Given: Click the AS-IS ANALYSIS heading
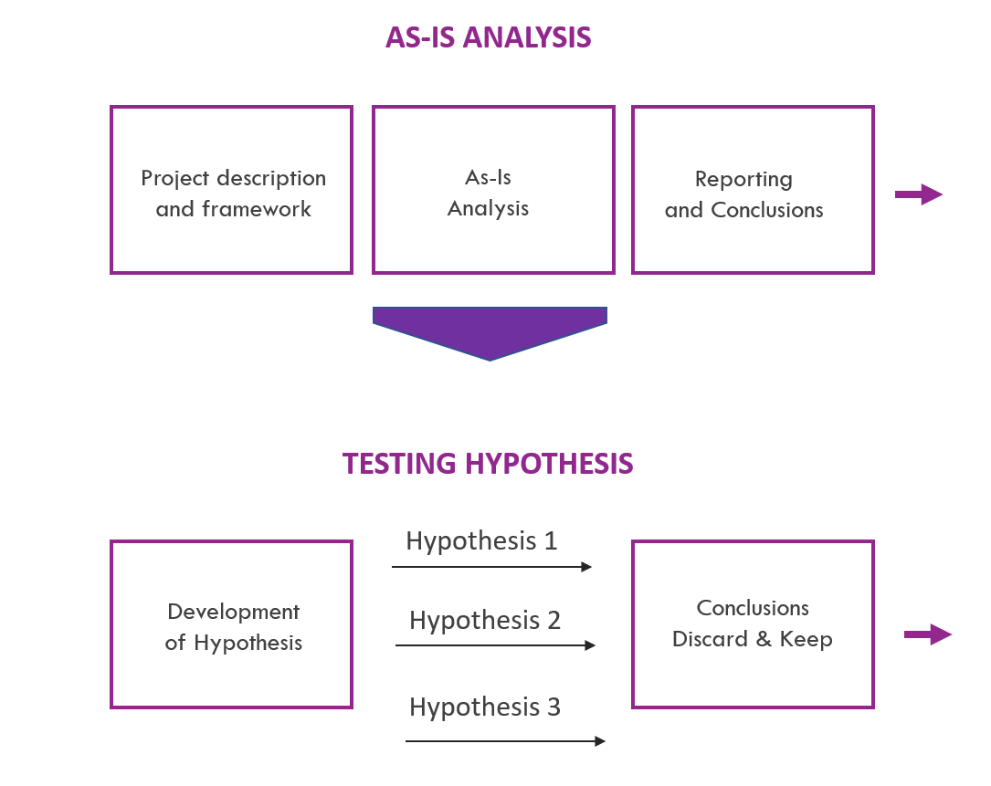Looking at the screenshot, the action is (x=489, y=37).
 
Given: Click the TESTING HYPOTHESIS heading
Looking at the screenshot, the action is (x=488, y=463).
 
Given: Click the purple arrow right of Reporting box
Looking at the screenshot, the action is (x=919, y=194).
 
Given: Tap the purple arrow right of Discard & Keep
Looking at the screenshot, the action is (x=928, y=634).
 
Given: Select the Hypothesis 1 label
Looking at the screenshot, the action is (x=481, y=540).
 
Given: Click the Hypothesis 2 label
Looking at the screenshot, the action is (x=485, y=621).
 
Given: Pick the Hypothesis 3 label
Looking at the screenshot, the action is (x=485, y=707).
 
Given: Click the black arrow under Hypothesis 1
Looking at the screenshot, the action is (x=491, y=567).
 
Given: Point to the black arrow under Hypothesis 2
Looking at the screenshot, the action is (x=495, y=645).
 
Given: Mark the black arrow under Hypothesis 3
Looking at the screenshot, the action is (x=506, y=741).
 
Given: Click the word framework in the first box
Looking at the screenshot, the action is (x=257, y=208).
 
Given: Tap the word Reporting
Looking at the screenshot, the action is (x=743, y=180).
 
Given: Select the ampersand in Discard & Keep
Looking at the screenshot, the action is (x=764, y=639).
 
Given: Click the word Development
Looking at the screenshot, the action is (x=234, y=613).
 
